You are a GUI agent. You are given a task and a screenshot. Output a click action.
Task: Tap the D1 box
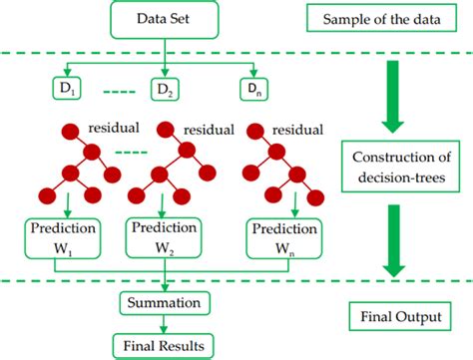coord(67,92)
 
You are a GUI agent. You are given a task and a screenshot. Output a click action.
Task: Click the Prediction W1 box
coord(59,235)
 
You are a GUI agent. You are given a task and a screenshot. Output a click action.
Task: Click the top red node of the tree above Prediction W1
coord(72,132)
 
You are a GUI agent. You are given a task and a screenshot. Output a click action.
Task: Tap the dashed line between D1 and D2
coord(114,93)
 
